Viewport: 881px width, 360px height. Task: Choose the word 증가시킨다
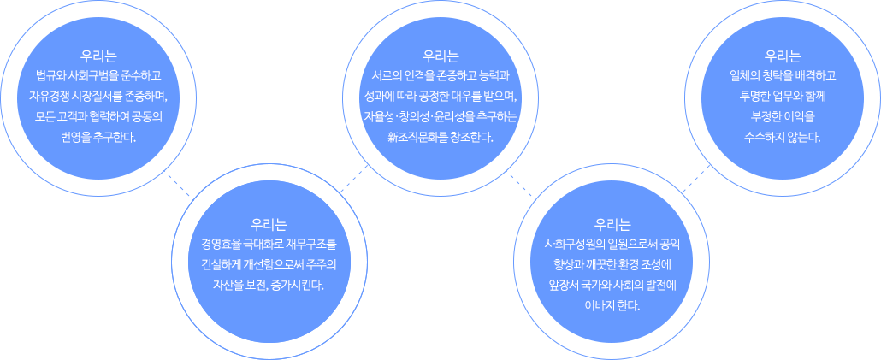299,284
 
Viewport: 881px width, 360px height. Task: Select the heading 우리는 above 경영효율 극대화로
269,225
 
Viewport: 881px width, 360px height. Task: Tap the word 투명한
757,96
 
